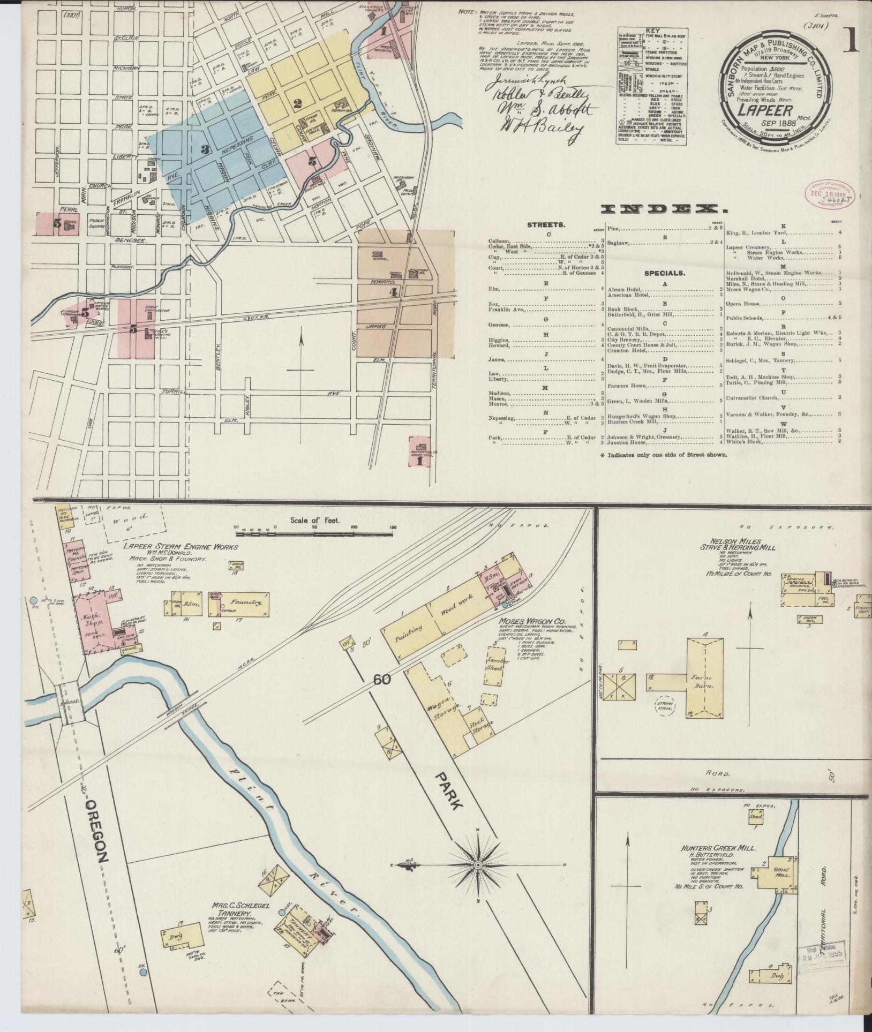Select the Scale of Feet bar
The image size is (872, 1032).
[315, 533]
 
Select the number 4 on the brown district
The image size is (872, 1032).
[394, 292]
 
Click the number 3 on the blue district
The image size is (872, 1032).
[204, 149]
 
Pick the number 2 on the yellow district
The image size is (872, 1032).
[298, 103]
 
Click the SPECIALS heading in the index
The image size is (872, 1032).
[665, 273]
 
